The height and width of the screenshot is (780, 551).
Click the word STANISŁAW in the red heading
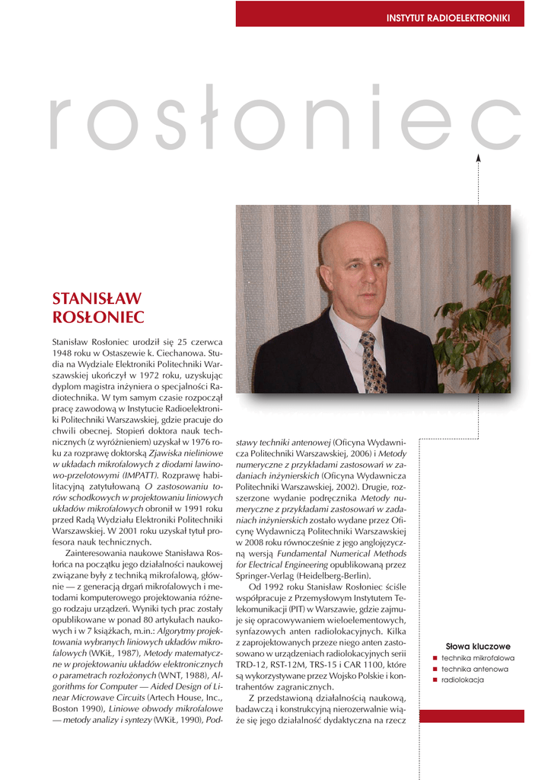pos(97,299)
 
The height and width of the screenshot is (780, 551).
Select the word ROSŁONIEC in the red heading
pos(97,317)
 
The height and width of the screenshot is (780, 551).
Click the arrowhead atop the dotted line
pos(479,158)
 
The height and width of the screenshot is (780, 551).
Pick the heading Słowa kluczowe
pos(478,646)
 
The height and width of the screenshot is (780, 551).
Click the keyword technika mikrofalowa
pos(478,657)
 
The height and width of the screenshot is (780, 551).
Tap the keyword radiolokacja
pos(463,679)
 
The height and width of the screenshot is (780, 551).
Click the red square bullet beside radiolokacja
pos(435,679)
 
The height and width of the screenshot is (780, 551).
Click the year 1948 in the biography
pos(62,354)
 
